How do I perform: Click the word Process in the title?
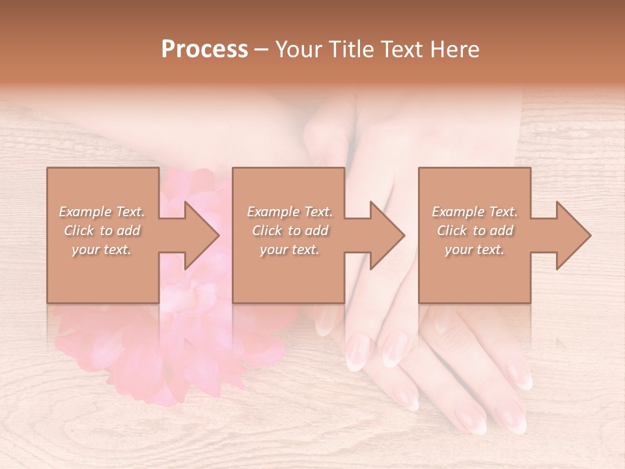pos(204,50)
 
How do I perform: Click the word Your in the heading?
pos(300,50)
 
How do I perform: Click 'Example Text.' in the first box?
pos(102,212)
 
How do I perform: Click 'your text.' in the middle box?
pos(289,249)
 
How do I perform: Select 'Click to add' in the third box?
pos(475,231)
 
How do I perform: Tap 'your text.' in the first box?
pos(102,249)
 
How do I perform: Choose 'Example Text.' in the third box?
pos(475,212)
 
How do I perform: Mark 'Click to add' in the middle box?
pos(290,231)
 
